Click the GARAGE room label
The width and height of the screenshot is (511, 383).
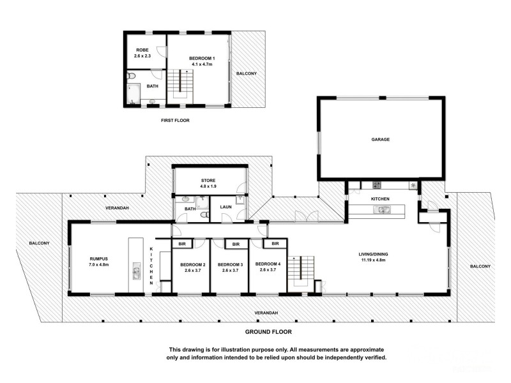point(381,139)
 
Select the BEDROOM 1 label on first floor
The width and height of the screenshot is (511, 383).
point(201,61)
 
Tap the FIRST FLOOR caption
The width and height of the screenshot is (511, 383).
point(174,120)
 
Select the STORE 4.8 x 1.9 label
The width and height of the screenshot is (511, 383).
point(209,183)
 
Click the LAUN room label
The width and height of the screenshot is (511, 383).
point(225,207)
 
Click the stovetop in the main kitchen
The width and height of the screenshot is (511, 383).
point(376,185)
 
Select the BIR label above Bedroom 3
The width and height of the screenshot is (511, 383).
point(236,244)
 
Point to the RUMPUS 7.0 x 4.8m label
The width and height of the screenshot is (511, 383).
point(100,261)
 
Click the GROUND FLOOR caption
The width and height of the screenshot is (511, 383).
point(269,332)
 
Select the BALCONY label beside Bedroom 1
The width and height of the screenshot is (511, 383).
point(247,73)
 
